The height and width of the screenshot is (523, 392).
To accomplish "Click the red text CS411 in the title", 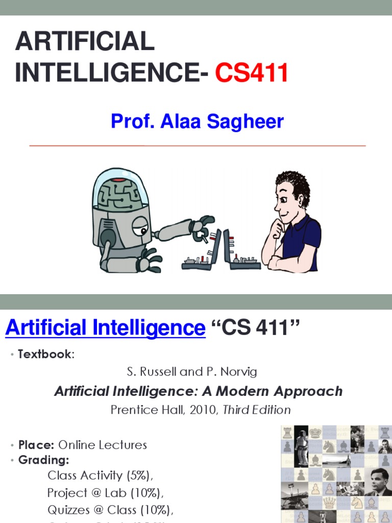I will pos(251,74).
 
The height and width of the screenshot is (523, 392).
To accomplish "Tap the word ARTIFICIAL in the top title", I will pos(85,41).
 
